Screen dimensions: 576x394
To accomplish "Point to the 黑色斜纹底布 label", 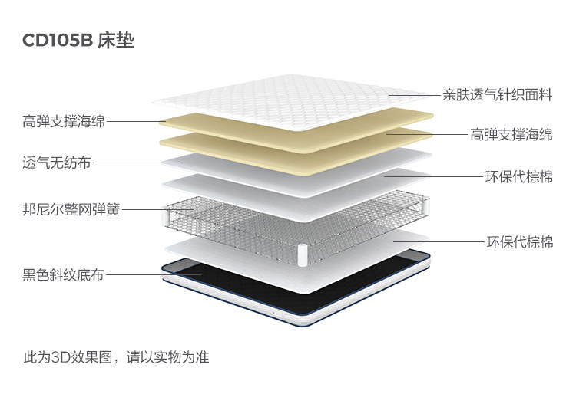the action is coord(63,274).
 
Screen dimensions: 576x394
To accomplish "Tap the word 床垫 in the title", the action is coord(116,41).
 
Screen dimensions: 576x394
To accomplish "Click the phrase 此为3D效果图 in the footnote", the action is coord(70,356).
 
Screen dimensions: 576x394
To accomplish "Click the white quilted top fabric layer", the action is coord(292,100).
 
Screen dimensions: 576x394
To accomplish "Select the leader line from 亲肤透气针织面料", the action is coord(415,96).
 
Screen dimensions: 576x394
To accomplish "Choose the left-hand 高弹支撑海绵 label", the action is coord(64,120).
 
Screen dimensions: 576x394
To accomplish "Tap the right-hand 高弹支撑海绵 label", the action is coord(511,135).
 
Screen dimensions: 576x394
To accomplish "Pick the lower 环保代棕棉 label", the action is coord(519,241).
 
